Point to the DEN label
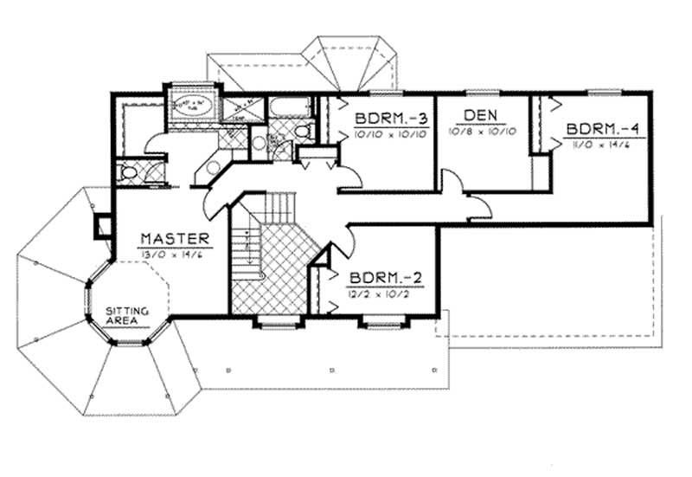click(479, 115)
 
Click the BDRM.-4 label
click(605, 129)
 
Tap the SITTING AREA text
click(128, 316)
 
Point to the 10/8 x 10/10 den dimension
click(482, 132)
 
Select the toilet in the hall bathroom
click(302, 132)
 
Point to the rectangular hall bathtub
click(286, 108)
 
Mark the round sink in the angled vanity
click(212, 164)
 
